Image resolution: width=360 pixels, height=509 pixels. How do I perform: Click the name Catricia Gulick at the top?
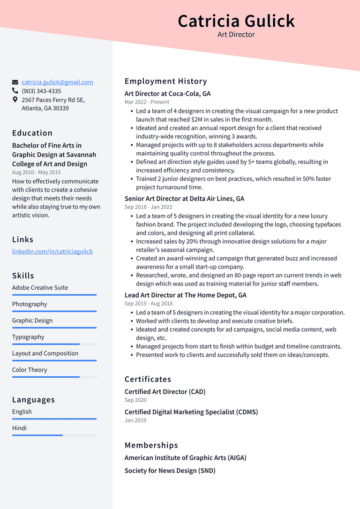click(236, 21)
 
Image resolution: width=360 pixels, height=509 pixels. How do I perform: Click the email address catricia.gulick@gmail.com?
click(57, 82)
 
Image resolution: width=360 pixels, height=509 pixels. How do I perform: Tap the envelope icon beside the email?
click(15, 82)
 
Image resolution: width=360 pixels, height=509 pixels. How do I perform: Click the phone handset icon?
click(15, 91)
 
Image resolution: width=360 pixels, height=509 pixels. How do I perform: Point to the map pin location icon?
click(15, 100)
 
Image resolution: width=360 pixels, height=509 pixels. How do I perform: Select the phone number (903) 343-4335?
click(41, 91)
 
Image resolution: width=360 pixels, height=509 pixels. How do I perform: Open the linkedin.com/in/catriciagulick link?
click(52, 251)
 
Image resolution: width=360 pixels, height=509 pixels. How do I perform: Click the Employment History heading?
click(165, 81)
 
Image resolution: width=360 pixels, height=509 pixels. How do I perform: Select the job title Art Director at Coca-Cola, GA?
click(167, 94)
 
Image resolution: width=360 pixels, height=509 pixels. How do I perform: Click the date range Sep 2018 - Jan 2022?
click(148, 207)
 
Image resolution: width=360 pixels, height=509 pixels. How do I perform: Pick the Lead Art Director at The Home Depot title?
click(185, 295)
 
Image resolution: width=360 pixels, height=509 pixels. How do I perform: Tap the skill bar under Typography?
click(54, 344)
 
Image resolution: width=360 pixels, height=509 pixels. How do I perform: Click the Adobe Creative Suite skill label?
click(40, 287)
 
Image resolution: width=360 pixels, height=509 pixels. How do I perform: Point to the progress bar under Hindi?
click(54, 435)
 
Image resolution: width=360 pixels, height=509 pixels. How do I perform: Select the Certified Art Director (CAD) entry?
click(165, 391)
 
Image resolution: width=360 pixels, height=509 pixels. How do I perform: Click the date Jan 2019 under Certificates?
click(135, 420)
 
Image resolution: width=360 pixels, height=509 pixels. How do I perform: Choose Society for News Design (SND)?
click(170, 471)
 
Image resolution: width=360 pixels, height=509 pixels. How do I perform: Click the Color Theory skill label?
click(30, 370)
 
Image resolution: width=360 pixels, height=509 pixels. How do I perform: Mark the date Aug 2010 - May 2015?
click(37, 172)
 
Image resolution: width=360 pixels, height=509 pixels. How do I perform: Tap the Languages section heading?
click(33, 400)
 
